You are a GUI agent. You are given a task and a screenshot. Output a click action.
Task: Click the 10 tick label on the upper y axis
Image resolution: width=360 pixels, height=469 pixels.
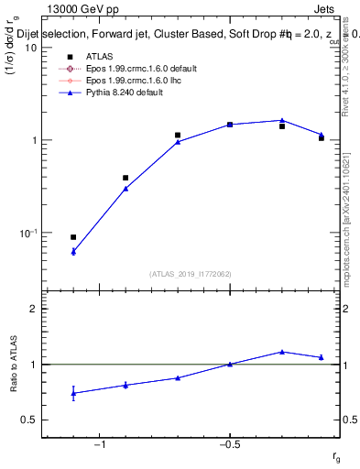[30, 48]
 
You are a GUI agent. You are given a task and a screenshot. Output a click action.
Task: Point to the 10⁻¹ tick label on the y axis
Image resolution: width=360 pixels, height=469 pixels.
[27, 234]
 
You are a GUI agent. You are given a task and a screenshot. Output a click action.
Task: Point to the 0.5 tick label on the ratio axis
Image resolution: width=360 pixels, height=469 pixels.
[28, 420]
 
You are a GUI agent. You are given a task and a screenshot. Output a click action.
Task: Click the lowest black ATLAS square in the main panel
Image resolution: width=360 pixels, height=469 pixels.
[73, 237]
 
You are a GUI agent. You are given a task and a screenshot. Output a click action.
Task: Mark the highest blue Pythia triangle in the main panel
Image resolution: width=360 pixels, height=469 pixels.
[282, 120]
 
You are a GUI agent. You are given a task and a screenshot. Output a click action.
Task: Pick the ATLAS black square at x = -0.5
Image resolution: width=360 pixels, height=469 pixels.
[230, 124]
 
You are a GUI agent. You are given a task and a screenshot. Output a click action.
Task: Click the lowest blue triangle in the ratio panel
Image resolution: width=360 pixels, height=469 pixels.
[73, 394]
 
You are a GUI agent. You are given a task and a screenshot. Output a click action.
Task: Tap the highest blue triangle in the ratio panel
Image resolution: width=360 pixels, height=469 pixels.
[282, 352]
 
